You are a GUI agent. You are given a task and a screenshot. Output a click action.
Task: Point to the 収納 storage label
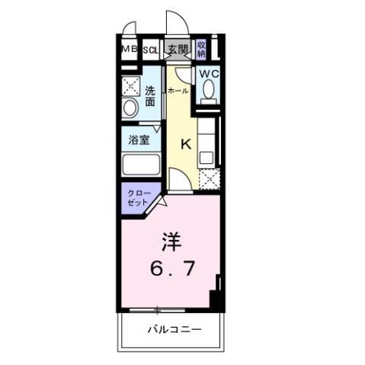click(202, 50)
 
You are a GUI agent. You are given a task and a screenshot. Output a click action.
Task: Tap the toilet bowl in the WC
click(207, 92)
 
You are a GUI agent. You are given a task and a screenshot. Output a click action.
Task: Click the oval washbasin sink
click(129, 108)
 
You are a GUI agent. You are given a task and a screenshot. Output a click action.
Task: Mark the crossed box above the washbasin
click(130, 85)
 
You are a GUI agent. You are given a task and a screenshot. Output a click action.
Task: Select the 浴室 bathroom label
click(139, 139)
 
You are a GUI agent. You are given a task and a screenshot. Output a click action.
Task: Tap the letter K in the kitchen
click(184, 142)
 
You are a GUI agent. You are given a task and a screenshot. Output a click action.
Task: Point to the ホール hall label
click(178, 91)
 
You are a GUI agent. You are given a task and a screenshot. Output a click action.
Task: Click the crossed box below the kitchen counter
click(207, 178)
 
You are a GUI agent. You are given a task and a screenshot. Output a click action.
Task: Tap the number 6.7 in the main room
click(169, 269)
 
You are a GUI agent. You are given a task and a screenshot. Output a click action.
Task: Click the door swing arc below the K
click(175, 180)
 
